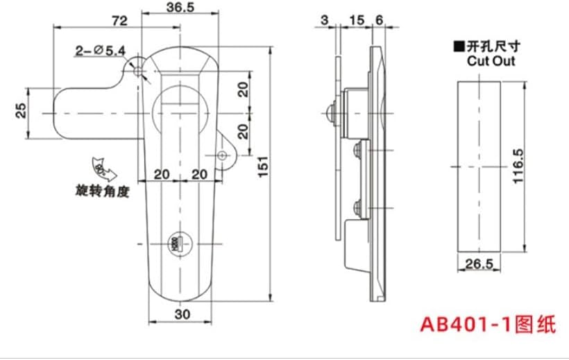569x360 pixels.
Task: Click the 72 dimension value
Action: click(x=119, y=22)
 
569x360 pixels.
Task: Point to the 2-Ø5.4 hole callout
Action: click(x=100, y=50)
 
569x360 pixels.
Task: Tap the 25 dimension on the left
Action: click(x=22, y=110)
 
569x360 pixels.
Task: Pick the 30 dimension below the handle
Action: click(x=182, y=314)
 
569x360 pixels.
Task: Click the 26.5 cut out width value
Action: click(x=479, y=264)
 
